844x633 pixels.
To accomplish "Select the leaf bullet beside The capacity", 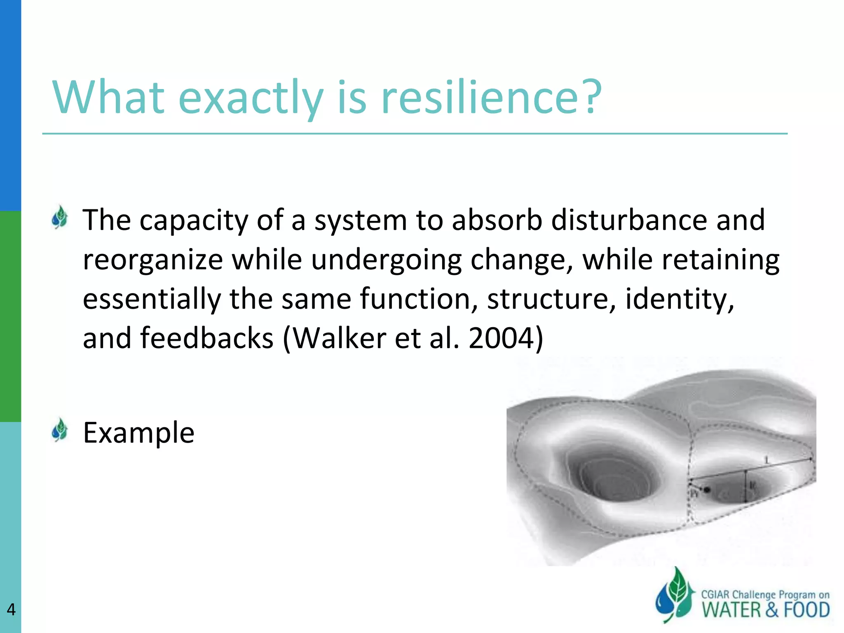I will point(60,217).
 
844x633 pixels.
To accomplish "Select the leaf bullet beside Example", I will point(60,430).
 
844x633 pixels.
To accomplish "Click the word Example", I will point(138,433).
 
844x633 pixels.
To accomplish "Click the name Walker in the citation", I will point(339,338).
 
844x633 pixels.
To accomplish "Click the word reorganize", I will point(153,260).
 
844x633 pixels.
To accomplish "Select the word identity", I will point(680,299).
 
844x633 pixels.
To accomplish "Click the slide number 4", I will point(11,610).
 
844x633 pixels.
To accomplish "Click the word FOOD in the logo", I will point(806,610).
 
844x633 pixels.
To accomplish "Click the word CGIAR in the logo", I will point(715,595).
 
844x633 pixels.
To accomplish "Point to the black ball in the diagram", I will point(707,490).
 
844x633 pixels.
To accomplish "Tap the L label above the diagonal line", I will point(767,460).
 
